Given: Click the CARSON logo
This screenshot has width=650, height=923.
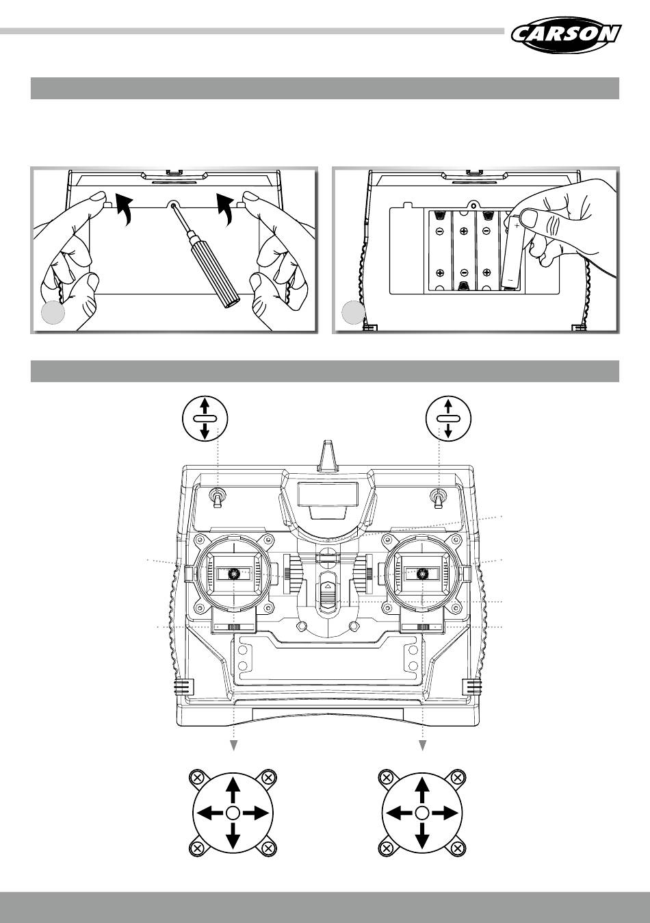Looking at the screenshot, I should [x=565, y=35].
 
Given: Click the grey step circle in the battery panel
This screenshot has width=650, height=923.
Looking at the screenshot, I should [x=353, y=313].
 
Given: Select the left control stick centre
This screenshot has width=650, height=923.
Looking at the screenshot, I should [x=234, y=574].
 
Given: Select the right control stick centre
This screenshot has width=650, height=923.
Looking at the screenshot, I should [x=423, y=574].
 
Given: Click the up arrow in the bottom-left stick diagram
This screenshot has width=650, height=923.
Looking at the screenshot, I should [x=233, y=789].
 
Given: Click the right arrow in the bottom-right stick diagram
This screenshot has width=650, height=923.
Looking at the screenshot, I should [x=446, y=813].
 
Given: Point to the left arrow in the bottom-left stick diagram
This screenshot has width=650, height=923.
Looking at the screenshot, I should [x=209, y=813].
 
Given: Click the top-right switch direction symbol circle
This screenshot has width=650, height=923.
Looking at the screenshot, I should [x=447, y=417].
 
